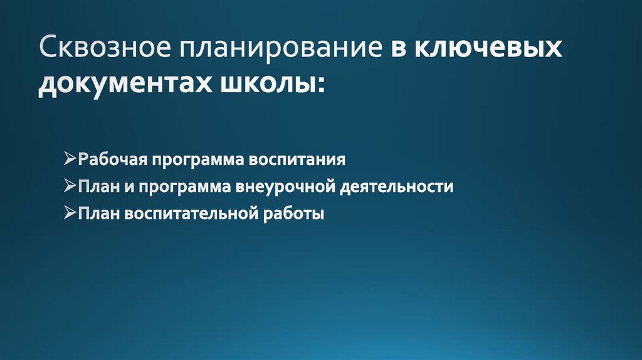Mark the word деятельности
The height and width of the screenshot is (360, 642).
397,187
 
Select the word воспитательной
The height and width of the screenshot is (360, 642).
189,214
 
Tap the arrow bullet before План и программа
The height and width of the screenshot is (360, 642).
70,187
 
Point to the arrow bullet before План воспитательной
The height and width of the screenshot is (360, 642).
70,214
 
